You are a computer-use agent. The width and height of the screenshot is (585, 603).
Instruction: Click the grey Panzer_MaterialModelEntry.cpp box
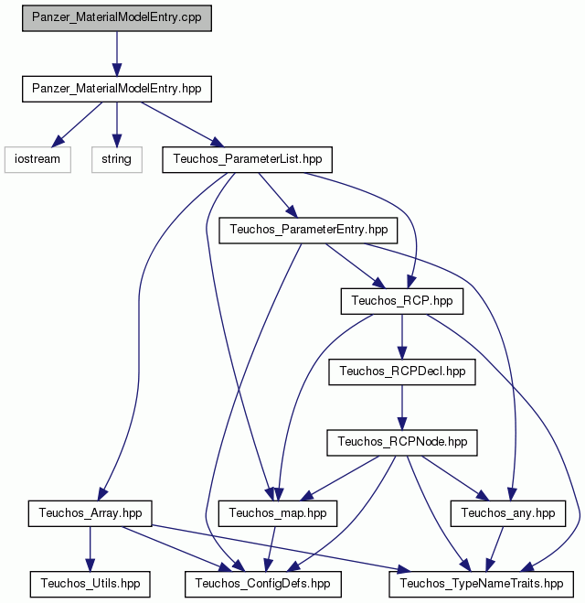(x=117, y=18)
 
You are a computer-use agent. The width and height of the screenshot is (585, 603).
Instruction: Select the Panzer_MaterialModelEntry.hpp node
(x=117, y=89)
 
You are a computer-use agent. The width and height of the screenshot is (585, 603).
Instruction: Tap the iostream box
(x=37, y=159)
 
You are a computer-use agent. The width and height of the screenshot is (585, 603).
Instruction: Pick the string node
(x=117, y=159)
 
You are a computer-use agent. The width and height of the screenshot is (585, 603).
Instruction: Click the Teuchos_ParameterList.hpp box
(x=248, y=159)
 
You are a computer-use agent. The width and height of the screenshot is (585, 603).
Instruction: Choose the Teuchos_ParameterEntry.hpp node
(x=308, y=230)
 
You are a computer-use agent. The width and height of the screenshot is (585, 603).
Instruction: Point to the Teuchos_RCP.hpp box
(x=402, y=301)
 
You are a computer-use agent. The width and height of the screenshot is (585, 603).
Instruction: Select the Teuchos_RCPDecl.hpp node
(x=402, y=371)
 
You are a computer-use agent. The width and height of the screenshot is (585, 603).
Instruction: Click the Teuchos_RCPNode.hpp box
(x=402, y=443)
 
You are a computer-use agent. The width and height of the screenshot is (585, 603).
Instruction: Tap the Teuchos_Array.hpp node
(x=90, y=513)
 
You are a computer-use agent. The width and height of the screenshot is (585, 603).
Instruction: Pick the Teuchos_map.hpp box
(x=278, y=513)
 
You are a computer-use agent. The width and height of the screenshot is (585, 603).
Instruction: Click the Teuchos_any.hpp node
(x=508, y=513)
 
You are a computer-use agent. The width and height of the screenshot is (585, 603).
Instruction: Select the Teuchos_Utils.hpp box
(x=90, y=584)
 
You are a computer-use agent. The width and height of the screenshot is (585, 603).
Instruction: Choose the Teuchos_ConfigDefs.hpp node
(x=263, y=584)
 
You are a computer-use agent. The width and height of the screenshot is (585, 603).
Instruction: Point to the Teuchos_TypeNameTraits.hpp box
(x=482, y=584)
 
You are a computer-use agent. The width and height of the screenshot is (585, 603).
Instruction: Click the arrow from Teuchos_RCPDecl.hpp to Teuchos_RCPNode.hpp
(x=402, y=407)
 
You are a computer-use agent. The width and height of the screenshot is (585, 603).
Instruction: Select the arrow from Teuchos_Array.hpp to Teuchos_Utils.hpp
(x=90, y=549)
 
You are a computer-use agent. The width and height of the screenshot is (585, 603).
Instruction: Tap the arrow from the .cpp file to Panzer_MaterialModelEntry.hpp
(x=117, y=54)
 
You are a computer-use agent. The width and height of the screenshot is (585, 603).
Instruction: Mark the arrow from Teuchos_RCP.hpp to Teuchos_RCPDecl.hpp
(x=402, y=337)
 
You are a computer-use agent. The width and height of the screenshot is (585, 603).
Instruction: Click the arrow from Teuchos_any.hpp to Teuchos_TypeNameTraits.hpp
(x=495, y=549)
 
